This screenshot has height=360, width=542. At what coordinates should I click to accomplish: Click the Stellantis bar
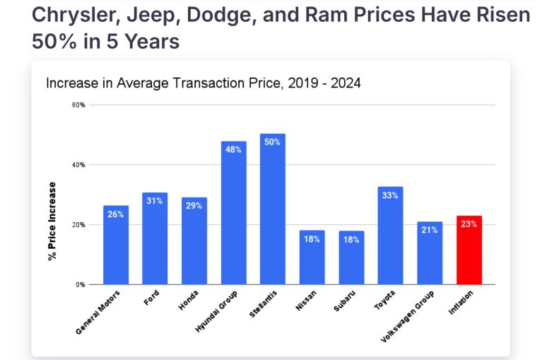pyautogui.click(x=272, y=212)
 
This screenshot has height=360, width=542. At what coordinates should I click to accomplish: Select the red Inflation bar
pyautogui.click(x=469, y=251)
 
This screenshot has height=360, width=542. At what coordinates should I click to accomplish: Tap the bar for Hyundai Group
pyautogui.click(x=233, y=216)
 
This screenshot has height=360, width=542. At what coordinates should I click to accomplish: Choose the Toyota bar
pyautogui.click(x=390, y=237)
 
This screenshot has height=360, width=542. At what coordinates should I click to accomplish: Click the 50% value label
pyautogui.click(x=272, y=141)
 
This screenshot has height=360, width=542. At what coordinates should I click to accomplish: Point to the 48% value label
pyautogui.click(x=233, y=149)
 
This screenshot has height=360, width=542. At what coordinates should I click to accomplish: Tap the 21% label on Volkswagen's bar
pyautogui.click(x=430, y=230)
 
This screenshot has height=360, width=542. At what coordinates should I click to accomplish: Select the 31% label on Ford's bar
pyautogui.click(x=155, y=201)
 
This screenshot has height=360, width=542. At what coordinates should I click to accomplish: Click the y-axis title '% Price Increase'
pyautogui.click(x=52, y=221)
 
